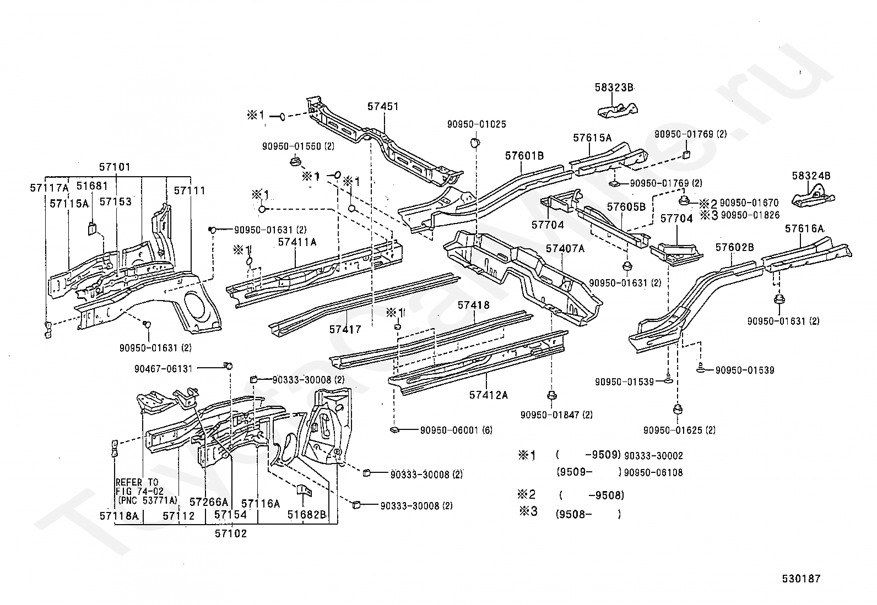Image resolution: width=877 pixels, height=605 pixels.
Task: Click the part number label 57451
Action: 382,106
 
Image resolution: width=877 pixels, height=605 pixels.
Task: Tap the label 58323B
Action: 614,88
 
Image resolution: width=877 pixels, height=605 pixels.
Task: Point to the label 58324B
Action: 811,176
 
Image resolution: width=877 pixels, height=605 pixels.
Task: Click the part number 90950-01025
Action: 477,124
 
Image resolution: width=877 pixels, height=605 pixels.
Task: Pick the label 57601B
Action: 524,156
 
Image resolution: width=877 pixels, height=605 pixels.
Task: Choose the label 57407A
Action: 565,248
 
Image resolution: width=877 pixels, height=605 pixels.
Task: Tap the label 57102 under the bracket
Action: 231,533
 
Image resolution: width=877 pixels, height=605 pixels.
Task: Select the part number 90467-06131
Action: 163,369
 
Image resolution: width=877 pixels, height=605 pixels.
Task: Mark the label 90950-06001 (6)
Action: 456,430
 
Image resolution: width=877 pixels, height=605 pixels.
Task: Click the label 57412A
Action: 488,395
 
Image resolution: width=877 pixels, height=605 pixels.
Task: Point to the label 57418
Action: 473,305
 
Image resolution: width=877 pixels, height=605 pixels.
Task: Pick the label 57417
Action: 345,330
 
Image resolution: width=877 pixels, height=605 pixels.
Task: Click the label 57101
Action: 115,167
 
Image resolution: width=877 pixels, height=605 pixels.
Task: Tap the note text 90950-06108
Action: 653,473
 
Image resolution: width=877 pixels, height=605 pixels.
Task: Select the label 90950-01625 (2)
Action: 679,430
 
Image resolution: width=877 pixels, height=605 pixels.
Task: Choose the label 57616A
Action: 804,228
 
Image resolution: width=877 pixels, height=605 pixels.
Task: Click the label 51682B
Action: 306,515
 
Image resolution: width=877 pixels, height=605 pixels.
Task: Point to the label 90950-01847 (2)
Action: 556,415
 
